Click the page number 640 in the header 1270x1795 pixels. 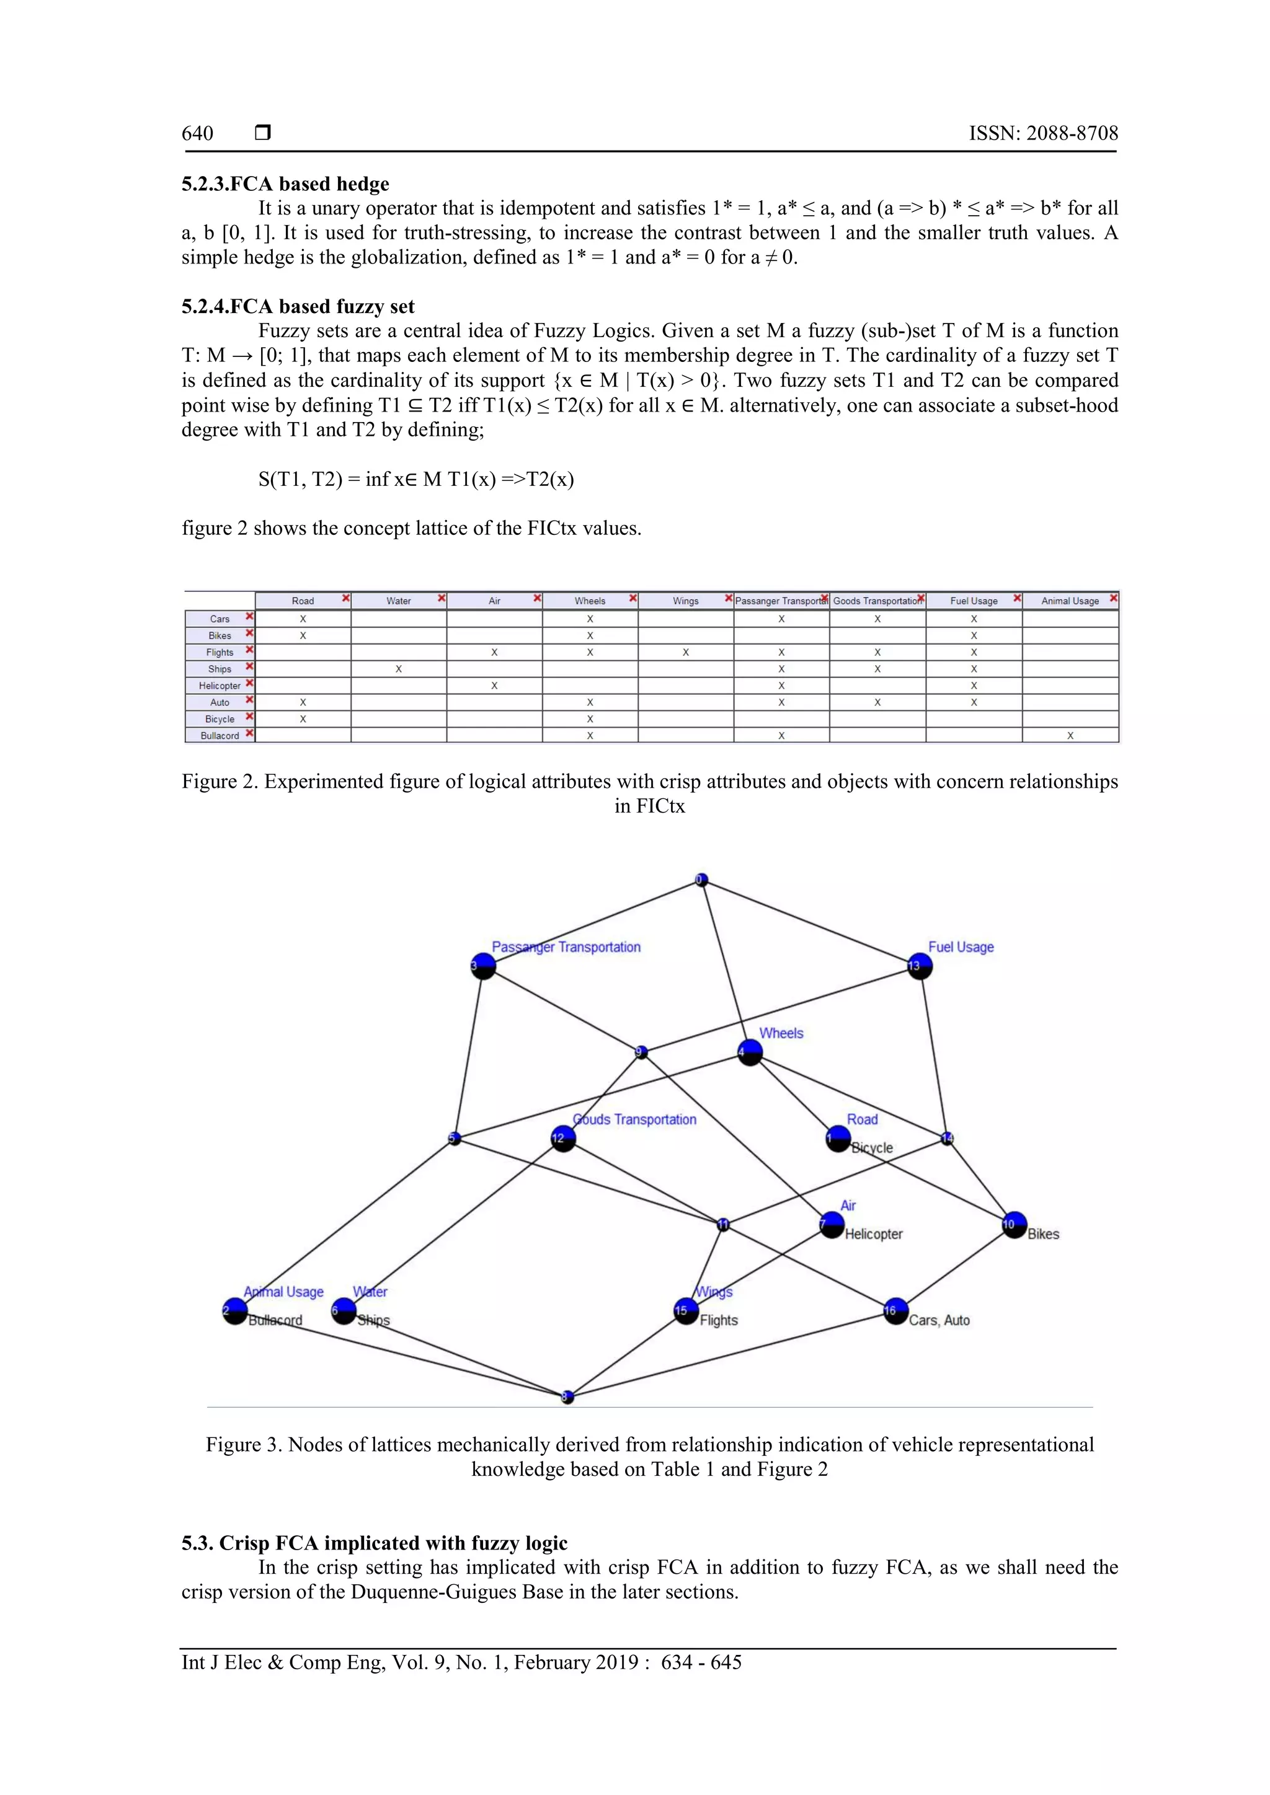click(197, 134)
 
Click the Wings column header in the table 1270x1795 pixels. click(685, 601)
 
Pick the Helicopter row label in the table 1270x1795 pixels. click(220, 686)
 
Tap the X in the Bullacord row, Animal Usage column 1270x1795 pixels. click(1070, 736)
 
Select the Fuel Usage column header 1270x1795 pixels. click(974, 601)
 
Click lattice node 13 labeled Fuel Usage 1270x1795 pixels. click(920, 966)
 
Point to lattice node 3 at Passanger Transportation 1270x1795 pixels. click(483, 966)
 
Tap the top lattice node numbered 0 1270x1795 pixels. click(701, 880)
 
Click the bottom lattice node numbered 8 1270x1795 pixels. click(568, 1396)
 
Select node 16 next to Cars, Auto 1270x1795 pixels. click(895, 1310)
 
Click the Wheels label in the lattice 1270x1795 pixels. click(781, 1033)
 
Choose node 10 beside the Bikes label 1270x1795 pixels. click(1013, 1224)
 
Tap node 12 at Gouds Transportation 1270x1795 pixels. click(563, 1138)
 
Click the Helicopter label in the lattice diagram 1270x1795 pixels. click(874, 1233)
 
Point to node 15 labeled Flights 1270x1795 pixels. click(686, 1310)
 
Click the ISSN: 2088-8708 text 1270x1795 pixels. click(1043, 134)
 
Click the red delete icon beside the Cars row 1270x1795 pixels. click(249, 617)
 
